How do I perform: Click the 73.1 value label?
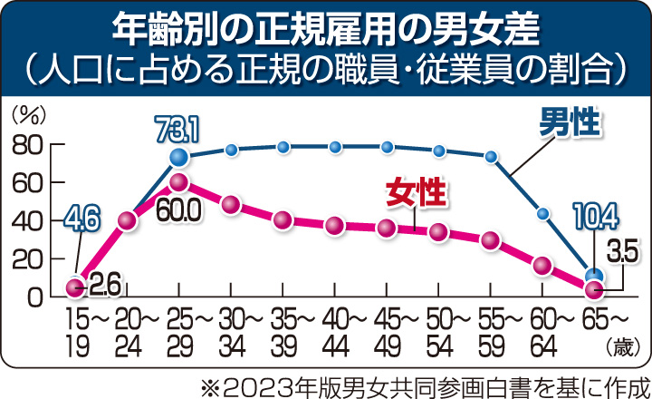tap(177, 133)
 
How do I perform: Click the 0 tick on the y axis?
tap(35, 297)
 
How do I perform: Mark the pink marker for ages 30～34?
tap(230, 205)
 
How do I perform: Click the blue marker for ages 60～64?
tap(542, 214)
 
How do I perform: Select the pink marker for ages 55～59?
tap(491, 240)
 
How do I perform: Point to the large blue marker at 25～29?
tap(178, 159)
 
